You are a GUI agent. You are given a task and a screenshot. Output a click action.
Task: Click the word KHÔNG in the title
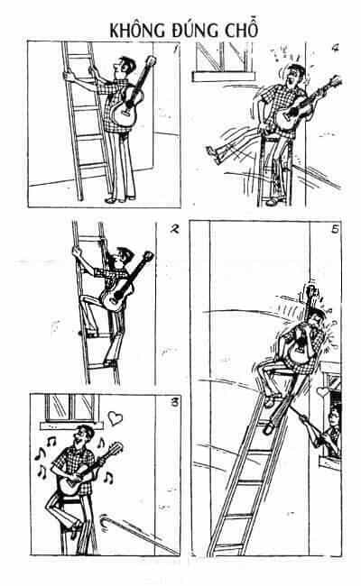(137, 30)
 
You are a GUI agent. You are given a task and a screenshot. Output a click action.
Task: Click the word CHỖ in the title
(242, 29)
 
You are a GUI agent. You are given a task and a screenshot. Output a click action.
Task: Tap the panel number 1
(175, 48)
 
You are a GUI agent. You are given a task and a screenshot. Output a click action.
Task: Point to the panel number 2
(173, 229)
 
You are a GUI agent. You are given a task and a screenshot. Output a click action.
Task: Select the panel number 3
(174, 403)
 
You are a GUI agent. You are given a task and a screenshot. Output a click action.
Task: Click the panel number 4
(335, 48)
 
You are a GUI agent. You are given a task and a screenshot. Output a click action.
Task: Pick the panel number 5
(335, 229)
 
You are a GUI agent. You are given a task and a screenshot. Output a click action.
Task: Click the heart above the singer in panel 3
(116, 417)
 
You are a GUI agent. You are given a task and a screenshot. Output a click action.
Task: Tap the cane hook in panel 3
(105, 520)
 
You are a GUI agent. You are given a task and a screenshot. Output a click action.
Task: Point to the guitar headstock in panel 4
(335, 81)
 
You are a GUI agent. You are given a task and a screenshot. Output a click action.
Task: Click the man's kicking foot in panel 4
(213, 154)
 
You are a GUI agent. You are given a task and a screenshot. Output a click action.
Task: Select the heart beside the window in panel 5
(322, 392)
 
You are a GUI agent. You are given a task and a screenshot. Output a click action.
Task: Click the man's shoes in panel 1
(120, 199)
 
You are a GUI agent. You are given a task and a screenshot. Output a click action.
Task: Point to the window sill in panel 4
(224, 77)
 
